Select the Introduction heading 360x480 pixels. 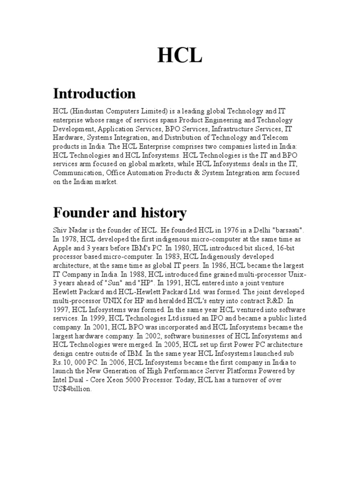pos(94,94)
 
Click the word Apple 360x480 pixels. pos(62,248)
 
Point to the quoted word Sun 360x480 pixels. pos(130,284)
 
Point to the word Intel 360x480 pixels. pos(62,380)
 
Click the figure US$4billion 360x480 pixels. pos(73,389)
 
